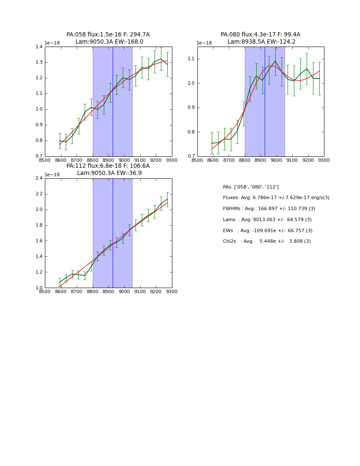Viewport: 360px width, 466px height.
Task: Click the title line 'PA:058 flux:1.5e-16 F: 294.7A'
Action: [108, 35]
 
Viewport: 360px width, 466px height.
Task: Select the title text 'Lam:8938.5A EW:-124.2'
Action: [261, 42]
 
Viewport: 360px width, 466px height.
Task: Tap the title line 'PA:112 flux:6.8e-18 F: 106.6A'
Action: [108, 166]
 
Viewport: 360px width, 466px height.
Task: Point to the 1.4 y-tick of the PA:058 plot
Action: [39, 47]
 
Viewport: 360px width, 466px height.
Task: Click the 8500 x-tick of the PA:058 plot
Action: [45, 160]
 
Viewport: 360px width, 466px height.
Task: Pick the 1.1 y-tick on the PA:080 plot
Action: [191, 59]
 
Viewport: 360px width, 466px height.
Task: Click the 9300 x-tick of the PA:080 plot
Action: [324, 160]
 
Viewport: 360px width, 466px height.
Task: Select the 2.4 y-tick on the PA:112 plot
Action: [39, 178]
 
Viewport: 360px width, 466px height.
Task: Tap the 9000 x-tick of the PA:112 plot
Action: [125, 292]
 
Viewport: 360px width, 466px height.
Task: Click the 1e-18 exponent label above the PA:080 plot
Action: [204, 43]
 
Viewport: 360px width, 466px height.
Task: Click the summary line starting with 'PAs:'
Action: [251, 187]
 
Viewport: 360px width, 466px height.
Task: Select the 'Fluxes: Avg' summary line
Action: [276, 198]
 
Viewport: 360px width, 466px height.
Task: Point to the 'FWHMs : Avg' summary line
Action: [269, 209]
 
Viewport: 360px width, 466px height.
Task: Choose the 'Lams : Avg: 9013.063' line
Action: [267, 220]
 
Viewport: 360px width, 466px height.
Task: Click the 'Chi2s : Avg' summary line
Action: [267, 241]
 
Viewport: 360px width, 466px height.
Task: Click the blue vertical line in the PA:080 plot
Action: [265, 106]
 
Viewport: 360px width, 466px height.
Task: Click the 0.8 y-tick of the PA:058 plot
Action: [39, 141]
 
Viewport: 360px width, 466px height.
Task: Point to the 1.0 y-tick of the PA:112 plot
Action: [39, 288]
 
